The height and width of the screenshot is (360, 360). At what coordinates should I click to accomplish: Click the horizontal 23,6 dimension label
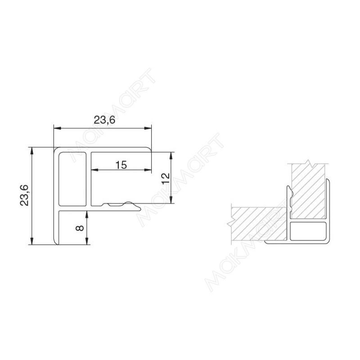point(104,120)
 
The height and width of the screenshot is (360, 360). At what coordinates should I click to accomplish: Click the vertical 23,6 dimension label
point(24,195)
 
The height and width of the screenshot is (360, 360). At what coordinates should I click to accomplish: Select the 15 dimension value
point(121,165)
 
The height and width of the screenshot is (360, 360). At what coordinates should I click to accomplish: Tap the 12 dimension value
point(166,178)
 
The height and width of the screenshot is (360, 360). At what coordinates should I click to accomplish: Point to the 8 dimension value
point(80,228)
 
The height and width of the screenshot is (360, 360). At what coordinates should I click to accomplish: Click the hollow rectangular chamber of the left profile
point(72,179)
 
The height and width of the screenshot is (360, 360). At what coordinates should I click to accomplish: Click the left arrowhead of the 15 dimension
point(94,170)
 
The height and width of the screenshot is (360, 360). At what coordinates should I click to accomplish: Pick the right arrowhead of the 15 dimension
point(148,170)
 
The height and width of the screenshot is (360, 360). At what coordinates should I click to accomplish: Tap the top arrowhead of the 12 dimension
point(171,155)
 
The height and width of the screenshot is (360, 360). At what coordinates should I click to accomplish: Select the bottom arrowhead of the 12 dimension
point(171,200)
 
